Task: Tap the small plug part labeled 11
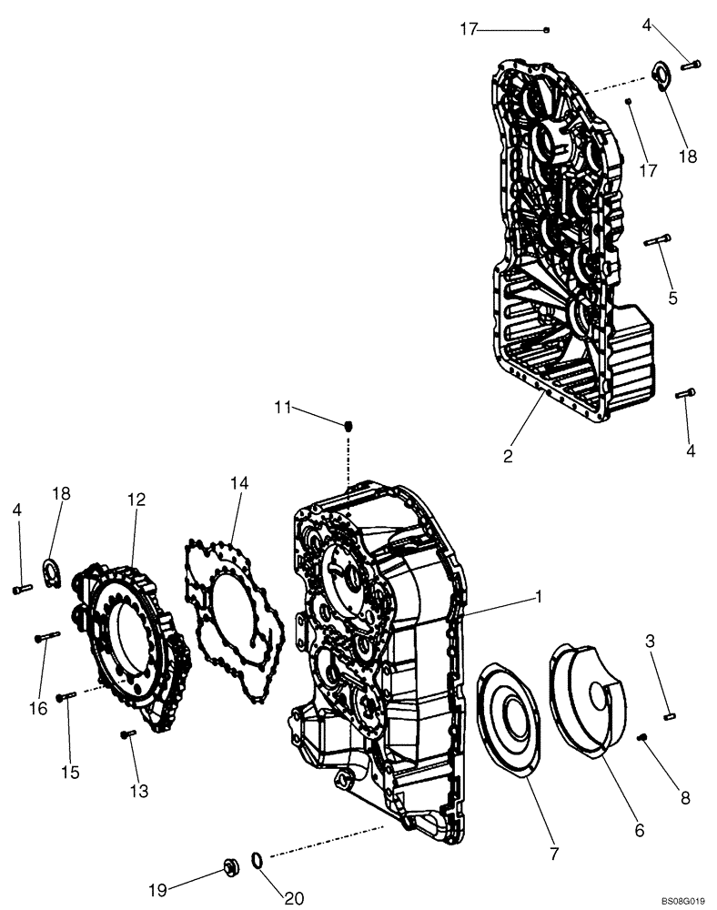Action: click(x=348, y=425)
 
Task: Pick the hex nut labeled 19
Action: click(x=231, y=863)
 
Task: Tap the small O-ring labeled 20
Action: click(x=258, y=860)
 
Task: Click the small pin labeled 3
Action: click(x=669, y=717)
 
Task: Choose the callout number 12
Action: click(x=136, y=499)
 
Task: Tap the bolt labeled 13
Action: click(x=127, y=733)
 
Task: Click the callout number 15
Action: click(x=70, y=772)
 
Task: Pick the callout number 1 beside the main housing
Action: click(x=539, y=597)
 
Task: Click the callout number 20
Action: click(x=292, y=898)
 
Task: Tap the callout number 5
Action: click(x=672, y=297)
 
